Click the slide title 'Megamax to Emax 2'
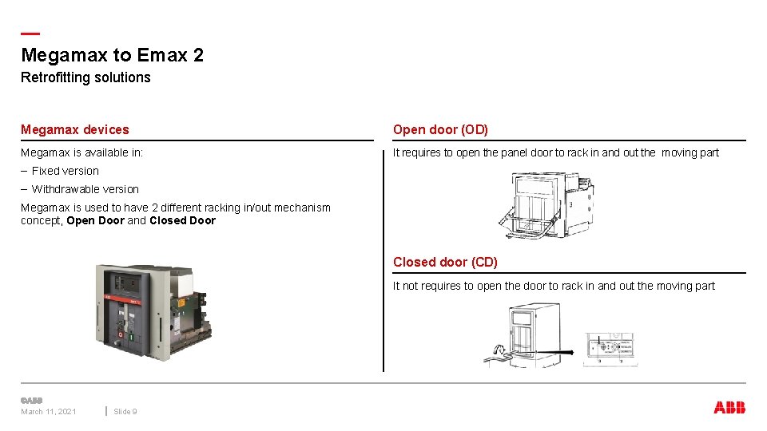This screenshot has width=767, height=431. pos(112,55)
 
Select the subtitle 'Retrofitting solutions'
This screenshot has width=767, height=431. pos(85,77)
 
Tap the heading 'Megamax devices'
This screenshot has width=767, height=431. pos(74,129)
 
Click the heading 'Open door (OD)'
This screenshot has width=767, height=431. pos(440,129)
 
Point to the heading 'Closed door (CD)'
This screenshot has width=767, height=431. pos(445,262)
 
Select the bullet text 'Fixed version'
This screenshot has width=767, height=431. pos(65,171)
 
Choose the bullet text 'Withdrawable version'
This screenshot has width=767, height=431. pos(85,189)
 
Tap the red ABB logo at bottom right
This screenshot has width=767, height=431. pos(729,407)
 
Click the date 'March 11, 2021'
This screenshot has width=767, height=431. pos(49,411)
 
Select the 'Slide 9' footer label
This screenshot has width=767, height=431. pos(125,411)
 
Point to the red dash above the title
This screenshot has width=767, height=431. pos(30,34)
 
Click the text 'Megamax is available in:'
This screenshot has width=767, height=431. pos(81,152)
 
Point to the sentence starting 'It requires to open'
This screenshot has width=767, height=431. pos(555,152)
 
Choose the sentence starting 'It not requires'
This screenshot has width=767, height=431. pos(554,286)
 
